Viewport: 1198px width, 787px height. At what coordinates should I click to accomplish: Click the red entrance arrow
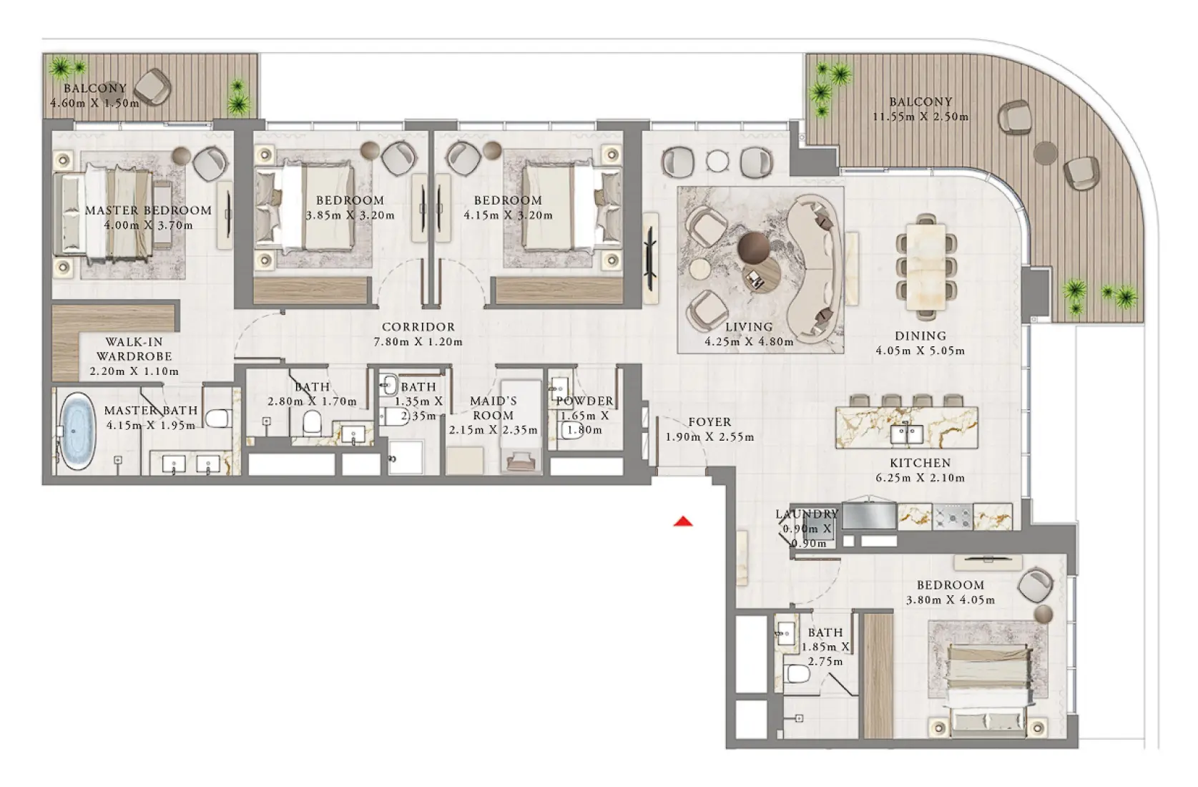click(x=683, y=522)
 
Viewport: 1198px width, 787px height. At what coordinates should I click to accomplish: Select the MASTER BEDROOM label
click(x=148, y=210)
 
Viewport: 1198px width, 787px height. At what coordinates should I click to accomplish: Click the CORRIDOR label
click(x=418, y=327)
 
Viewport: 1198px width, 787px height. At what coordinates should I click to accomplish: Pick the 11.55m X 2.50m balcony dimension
click(x=920, y=117)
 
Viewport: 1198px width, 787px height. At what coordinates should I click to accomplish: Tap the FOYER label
click(x=710, y=422)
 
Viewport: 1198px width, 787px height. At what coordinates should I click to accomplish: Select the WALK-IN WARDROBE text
click(x=134, y=349)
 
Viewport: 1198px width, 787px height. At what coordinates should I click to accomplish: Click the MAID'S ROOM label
click(x=493, y=408)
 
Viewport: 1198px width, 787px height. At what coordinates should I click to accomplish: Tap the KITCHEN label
click(x=920, y=463)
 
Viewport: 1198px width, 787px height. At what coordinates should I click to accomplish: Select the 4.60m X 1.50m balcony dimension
click(x=94, y=103)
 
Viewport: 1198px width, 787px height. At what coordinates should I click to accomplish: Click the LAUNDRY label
click(x=806, y=514)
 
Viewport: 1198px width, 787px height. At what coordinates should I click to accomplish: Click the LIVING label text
click(x=748, y=327)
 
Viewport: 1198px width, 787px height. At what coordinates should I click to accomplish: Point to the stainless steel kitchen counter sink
click(x=868, y=516)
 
